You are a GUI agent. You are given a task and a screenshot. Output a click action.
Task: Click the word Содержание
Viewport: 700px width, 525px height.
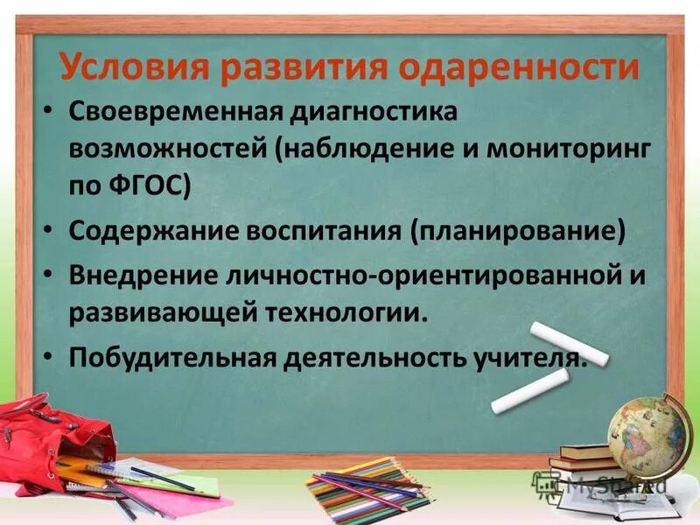(x=145, y=232)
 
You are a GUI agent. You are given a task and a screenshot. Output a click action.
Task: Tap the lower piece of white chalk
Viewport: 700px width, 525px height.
(x=530, y=390)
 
